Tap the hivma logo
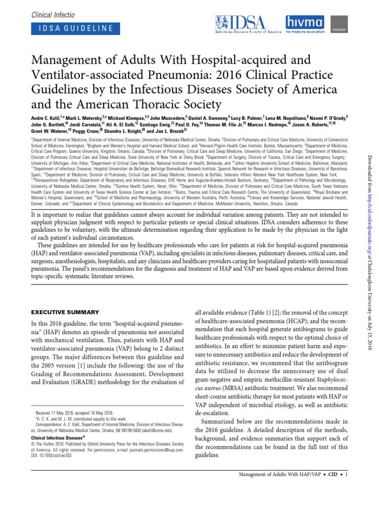click(306, 24)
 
